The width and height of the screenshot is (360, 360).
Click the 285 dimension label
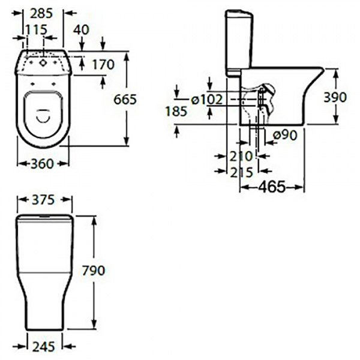[41, 13]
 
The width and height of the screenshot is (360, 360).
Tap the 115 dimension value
[36, 30]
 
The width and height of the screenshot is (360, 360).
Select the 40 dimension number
[82, 30]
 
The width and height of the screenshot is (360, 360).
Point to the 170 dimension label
[103, 65]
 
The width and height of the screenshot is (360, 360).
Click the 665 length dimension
[125, 100]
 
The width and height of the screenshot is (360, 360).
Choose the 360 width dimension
[42, 164]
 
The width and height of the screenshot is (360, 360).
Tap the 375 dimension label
[43, 200]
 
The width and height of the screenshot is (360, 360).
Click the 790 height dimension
[94, 271]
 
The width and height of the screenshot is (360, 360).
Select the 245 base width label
[44, 347]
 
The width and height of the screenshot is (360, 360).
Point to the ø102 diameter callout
[207, 100]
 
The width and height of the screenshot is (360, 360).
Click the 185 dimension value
[176, 112]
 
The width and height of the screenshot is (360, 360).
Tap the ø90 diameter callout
[285, 135]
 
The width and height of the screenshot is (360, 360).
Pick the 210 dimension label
[241, 157]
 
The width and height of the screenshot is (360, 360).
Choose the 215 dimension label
[241, 172]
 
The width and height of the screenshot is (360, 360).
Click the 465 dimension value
[272, 187]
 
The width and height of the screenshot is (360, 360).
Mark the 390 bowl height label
[335, 97]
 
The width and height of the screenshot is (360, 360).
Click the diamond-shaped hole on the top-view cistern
[43, 62]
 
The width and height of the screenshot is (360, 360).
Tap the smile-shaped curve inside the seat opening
[43, 116]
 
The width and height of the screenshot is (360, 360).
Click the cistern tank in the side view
[239, 43]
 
